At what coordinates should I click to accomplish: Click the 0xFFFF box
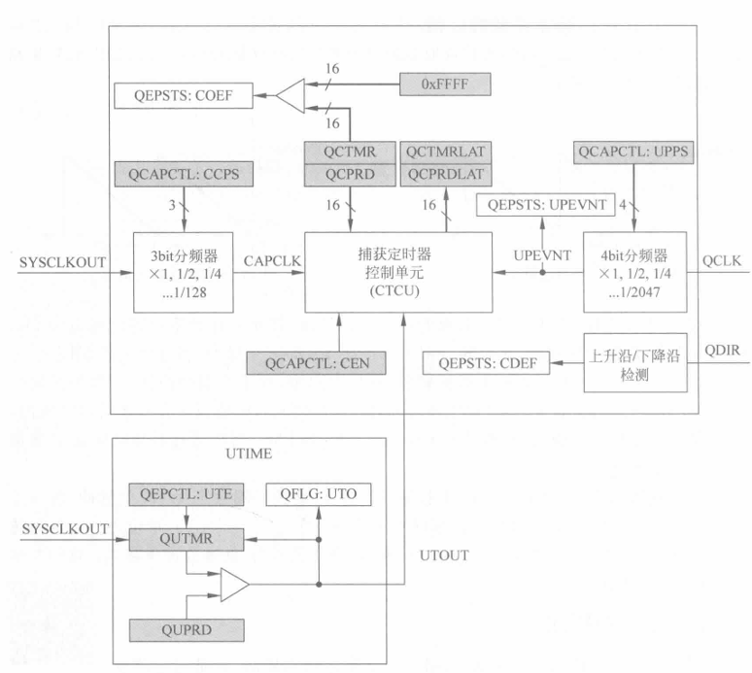coord(445,85)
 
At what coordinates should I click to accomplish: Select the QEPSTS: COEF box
coord(184,95)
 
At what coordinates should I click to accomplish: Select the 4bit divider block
coord(634,271)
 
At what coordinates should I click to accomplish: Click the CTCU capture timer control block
coord(398,271)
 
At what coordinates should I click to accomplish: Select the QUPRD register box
coord(185,627)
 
